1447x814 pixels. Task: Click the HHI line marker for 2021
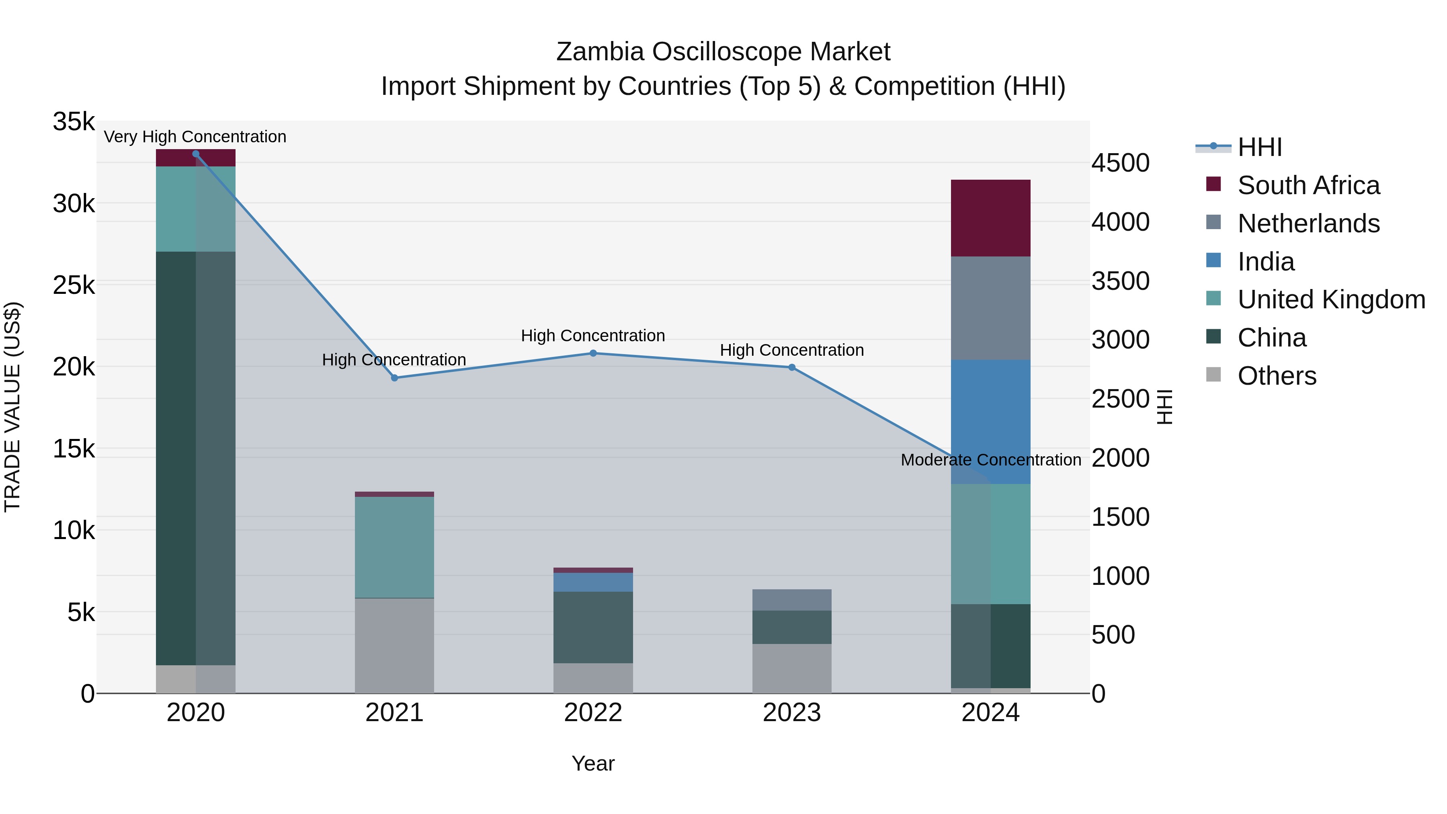394,378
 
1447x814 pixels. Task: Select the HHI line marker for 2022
593,353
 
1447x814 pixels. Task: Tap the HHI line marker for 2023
792,367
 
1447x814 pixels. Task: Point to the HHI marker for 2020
195,154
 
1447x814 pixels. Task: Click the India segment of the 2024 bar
990,421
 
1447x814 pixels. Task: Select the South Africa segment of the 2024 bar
990,218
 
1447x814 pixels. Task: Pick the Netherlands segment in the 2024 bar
990,308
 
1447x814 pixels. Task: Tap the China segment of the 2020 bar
195,458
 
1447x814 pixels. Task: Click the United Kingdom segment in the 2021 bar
394,547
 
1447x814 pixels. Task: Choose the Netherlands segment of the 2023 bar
792,600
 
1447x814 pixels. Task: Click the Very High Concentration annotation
195,137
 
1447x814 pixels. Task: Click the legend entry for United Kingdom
1331,299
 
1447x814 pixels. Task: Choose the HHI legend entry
1259,147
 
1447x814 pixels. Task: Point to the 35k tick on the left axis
74,121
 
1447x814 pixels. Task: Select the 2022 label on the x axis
593,713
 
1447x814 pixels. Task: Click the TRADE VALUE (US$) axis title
12,407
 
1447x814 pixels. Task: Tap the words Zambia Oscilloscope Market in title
723,52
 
